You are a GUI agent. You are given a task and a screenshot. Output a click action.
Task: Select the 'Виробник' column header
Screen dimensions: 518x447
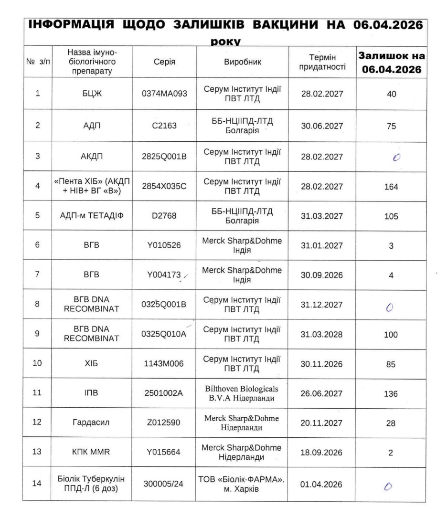243,62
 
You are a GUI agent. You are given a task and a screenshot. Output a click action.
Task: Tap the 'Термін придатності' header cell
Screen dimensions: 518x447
322,62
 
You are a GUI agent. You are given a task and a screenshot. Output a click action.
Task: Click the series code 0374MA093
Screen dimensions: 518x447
164,94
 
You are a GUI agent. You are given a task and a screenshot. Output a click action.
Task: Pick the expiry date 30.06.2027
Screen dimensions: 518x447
322,126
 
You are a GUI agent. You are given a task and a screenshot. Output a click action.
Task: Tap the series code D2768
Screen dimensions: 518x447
164,216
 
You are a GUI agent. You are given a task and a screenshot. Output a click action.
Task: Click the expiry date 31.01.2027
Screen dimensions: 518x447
322,245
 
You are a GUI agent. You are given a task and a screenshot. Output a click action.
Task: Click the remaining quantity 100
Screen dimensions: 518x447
391,335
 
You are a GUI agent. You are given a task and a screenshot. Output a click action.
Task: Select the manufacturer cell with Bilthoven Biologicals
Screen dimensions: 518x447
243,393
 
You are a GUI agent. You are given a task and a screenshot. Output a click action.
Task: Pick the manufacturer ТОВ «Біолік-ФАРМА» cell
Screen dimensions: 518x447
243,484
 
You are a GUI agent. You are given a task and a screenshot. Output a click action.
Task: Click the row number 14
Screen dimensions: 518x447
37,484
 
